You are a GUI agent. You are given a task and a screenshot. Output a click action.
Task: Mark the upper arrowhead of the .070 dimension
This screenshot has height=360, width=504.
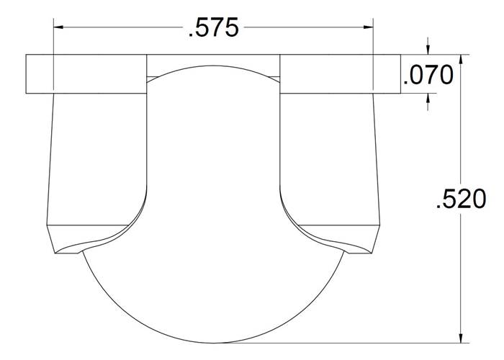(x=429, y=49)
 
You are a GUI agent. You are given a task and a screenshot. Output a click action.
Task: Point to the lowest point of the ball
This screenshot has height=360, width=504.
(x=213, y=341)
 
